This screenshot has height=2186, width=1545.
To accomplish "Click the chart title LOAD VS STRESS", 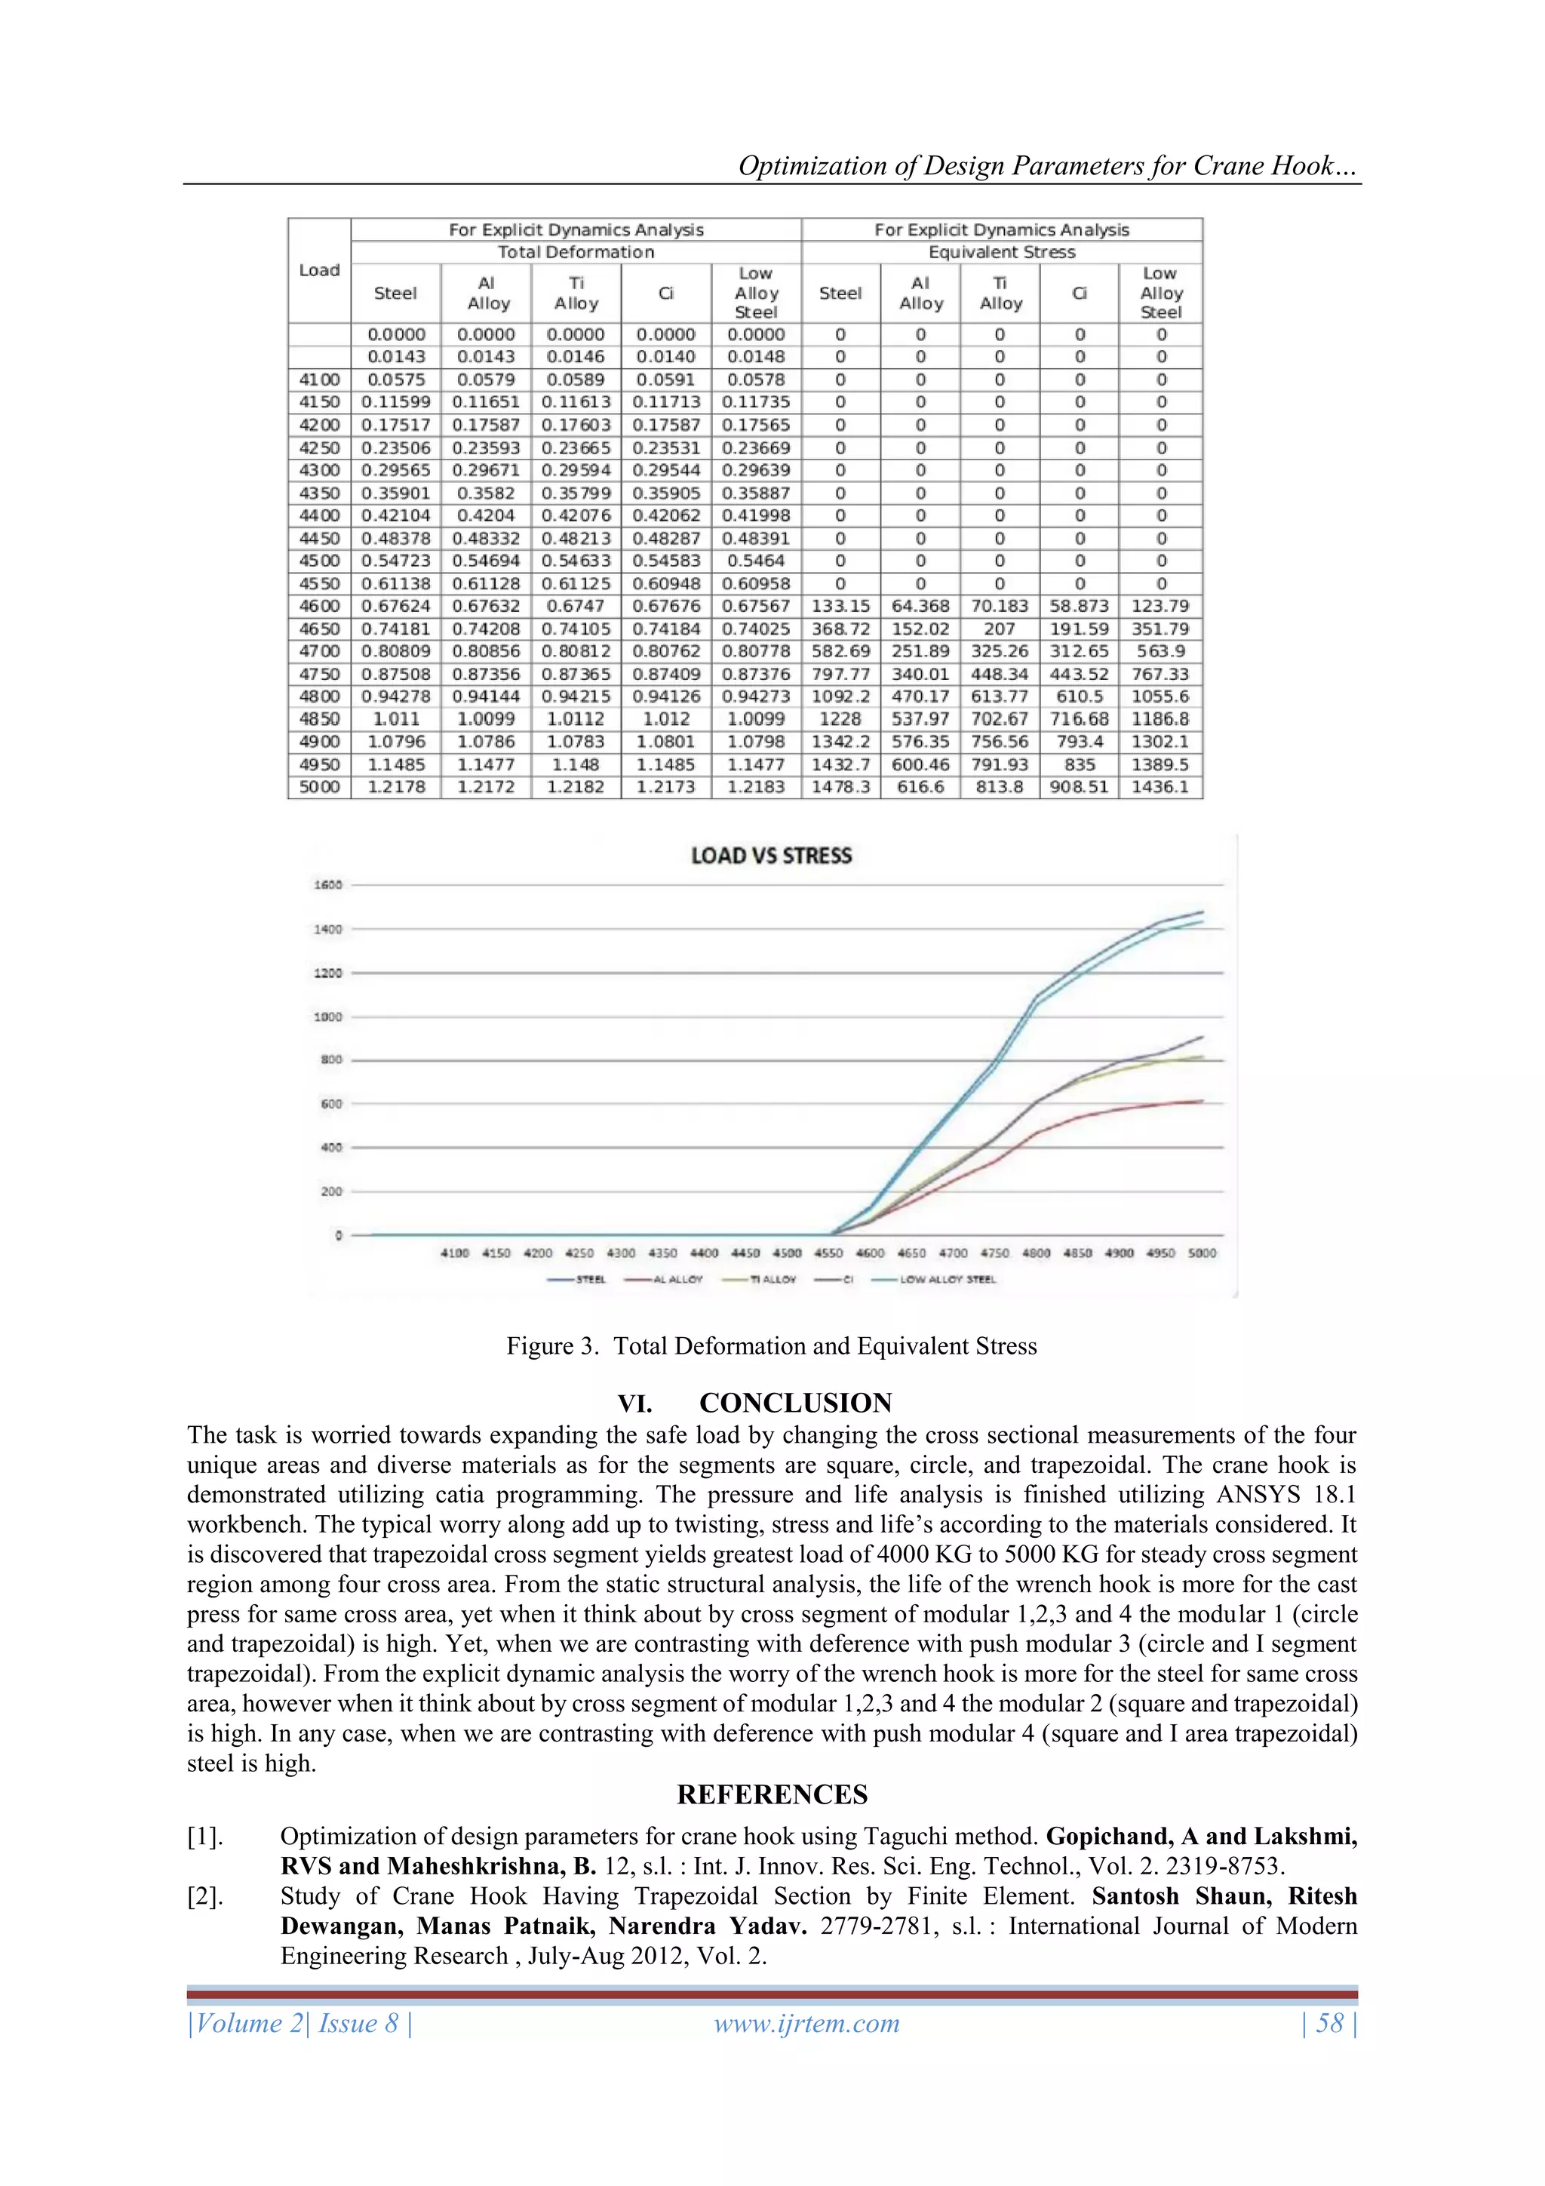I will coord(771,855).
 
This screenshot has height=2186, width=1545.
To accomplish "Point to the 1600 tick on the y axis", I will coord(328,884).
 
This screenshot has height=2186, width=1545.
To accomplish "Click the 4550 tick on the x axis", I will coord(828,1253).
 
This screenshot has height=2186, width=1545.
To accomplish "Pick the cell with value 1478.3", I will coord(840,787).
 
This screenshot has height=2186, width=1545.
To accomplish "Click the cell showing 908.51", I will coord(1079,787).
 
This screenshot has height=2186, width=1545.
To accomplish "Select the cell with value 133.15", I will coord(840,605).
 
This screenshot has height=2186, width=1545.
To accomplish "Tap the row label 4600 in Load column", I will coord(319,605).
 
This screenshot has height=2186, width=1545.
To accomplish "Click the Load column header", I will coord(319,270).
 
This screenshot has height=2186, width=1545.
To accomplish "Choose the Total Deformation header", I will coord(576,252).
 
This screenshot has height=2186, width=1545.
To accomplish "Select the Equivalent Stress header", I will coord(1001,252).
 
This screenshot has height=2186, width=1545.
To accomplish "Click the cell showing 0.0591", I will coord(665,379).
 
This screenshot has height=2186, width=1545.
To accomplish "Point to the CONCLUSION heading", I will coord(795,1403).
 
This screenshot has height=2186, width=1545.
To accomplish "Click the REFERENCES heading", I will coord(772,1794).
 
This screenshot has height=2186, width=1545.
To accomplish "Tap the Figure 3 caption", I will coord(771,1345).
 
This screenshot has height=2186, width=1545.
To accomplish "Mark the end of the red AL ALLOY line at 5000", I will coord(1203,1101).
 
